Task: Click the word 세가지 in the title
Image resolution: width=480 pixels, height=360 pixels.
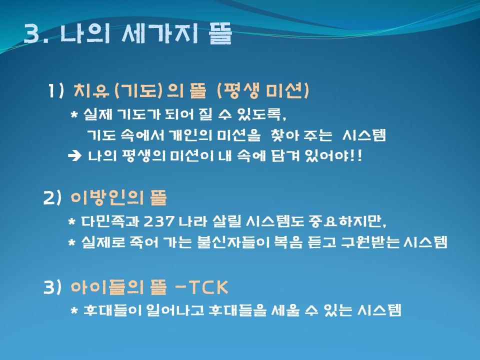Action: tap(160, 33)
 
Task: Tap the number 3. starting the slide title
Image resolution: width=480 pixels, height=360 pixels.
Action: tap(36, 33)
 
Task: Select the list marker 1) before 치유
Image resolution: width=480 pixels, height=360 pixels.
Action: tap(55, 91)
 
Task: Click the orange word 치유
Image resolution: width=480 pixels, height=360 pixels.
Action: tap(91, 90)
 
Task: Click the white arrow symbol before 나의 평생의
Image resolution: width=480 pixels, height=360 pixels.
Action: tap(74, 156)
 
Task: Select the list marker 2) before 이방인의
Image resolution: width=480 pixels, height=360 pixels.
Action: tap(52, 198)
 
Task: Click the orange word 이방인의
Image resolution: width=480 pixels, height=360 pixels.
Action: tap(107, 197)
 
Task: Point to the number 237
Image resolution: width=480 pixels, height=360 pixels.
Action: tap(158, 221)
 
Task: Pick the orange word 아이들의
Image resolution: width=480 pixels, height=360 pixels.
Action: tap(107, 287)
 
